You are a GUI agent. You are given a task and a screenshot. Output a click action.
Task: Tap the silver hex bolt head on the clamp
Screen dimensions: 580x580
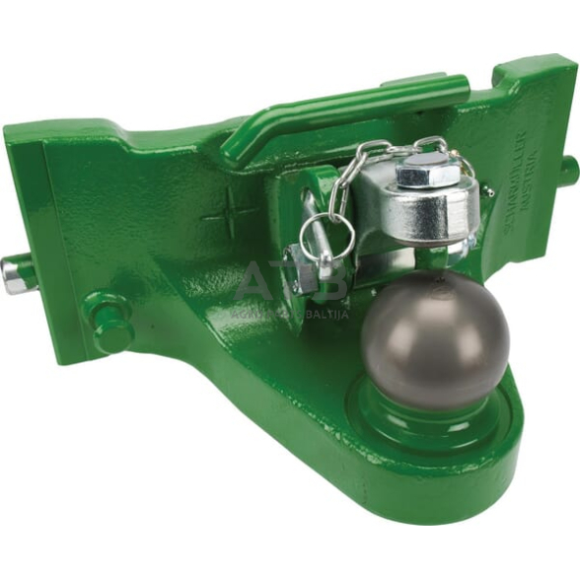pos(427,175)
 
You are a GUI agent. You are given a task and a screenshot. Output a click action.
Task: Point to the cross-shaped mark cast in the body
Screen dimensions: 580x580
pos(230,211)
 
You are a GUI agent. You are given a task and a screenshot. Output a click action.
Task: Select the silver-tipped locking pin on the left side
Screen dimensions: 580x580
pos(17,274)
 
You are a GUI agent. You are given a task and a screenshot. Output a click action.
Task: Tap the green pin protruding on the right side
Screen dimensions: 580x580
pos(570,170)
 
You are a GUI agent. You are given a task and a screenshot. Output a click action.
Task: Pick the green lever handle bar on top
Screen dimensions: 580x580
pos(365,106)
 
